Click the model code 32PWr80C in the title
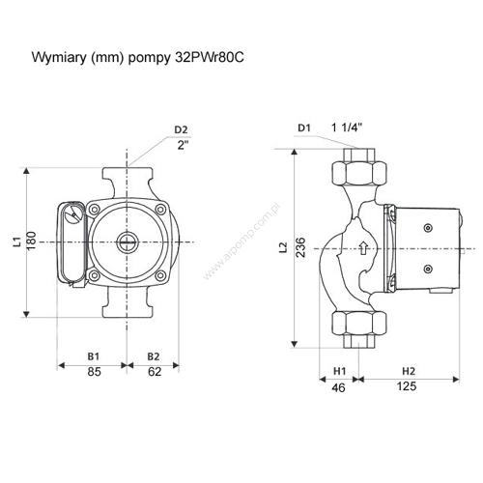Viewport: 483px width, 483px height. tap(210, 58)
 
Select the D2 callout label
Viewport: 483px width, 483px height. tap(181, 129)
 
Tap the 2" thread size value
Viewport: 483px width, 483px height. tap(183, 145)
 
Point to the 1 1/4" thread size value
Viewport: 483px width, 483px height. tap(347, 128)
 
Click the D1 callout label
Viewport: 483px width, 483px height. tap(304, 128)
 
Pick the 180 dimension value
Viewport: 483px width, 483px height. tap(31, 241)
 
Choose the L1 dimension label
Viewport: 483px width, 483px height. tap(17, 241)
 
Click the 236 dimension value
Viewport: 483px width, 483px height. tap(300, 247)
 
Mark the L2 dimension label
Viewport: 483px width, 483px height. tap(283, 247)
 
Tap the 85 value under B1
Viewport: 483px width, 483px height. tap(94, 372)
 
